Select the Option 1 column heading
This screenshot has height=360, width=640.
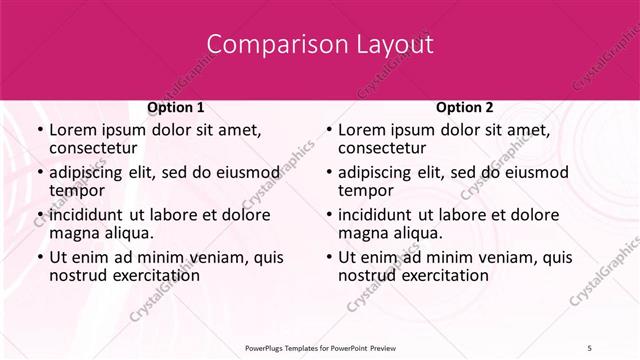[x=175, y=107]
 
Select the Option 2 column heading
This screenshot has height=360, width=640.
[x=464, y=107]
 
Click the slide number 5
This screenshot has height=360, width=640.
[x=590, y=347]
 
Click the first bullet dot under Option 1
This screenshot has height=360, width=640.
[x=39, y=130]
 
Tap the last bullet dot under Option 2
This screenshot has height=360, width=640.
[x=328, y=257]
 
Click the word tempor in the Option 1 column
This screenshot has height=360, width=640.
[x=76, y=190]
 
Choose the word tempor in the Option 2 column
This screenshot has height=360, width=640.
[x=365, y=190]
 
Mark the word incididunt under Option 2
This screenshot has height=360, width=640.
[x=377, y=214]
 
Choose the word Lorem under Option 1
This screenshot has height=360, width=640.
[x=73, y=130]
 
